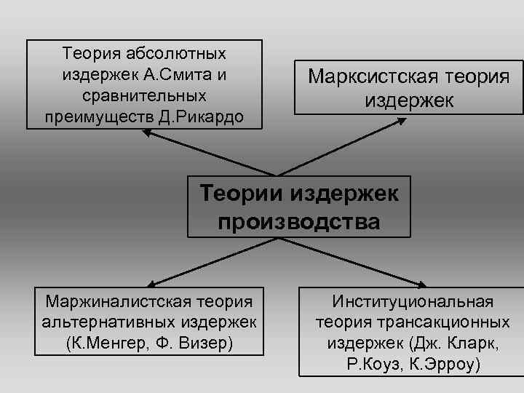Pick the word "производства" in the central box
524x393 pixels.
tap(298, 221)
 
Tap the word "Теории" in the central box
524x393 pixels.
tap(242, 194)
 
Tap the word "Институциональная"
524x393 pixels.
tap(413, 301)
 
